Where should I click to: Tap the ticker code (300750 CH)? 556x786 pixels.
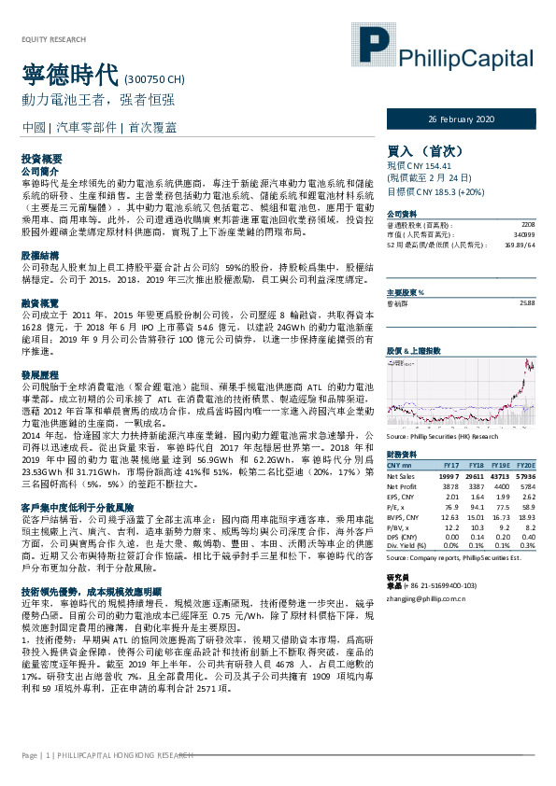tap(154, 79)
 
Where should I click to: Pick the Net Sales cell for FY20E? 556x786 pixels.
tap(524, 475)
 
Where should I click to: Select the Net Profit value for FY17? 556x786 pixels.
tap(450, 486)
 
